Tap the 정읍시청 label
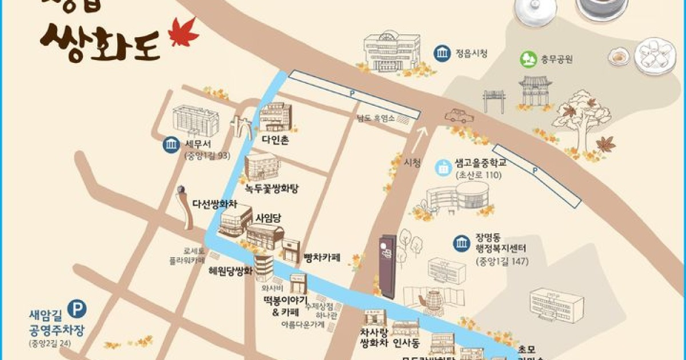pos(472,54)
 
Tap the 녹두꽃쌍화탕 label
pos(272,188)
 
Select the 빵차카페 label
pos(322,258)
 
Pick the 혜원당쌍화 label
pos(230,272)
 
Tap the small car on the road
pos(460,115)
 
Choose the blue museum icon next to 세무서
pos(170,145)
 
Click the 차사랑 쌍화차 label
pos(374,338)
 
